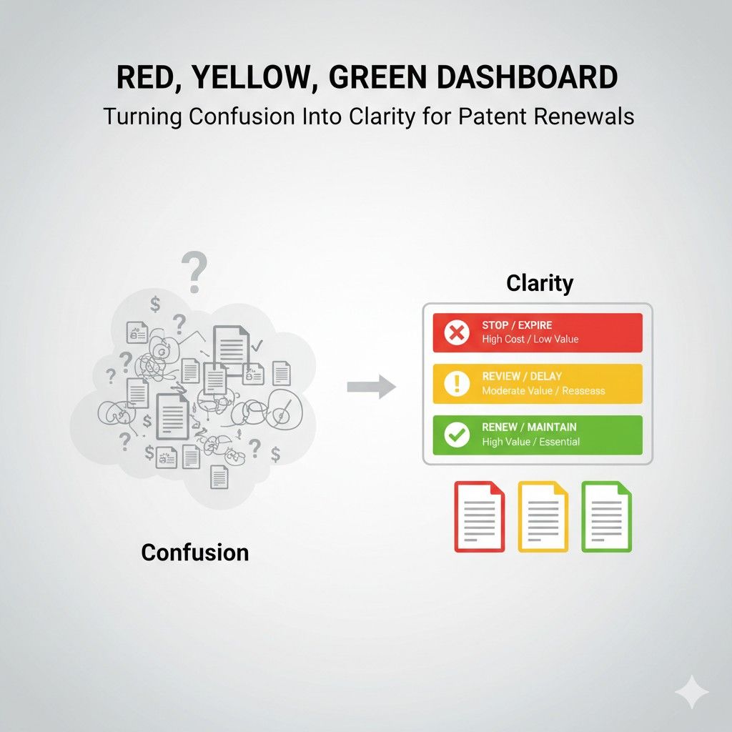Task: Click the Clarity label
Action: pyautogui.click(x=540, y=283)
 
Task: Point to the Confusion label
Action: pyautogui.click(x=195, y=552)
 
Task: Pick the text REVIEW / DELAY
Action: pyautogui.click(x=522, y=377)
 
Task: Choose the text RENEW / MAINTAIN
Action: pyautogui.click(x=529, y=427)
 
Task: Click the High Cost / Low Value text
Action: pyautogui.click(x=530, y=339)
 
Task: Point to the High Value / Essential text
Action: pyautogui.click(x=530, y=442)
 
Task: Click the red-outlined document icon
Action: pyautogui.click(x=479, y=516)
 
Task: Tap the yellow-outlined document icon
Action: pyautogui.click(x=543, y=516)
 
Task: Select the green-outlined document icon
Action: pyautogui.click(x=606, y=516)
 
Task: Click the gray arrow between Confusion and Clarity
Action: pyautogui.click(x=371, y=387)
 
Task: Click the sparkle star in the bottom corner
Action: pyautogui.click(x=692, y=691)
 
